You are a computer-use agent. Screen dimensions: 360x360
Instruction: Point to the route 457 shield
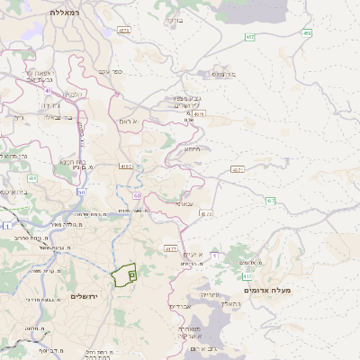(237, 169)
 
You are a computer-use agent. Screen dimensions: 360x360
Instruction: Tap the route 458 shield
(308, 33)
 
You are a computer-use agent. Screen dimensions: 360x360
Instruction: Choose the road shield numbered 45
(47, 89)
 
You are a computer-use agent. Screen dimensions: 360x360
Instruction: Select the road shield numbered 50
(81, 192)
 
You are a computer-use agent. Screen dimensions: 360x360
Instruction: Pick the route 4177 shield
(171, 247)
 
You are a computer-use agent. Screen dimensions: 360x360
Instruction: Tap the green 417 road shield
(247, 276)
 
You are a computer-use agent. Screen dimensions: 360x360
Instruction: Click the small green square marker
(131, 273)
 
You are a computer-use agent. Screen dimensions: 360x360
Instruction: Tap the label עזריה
(207, 294)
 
